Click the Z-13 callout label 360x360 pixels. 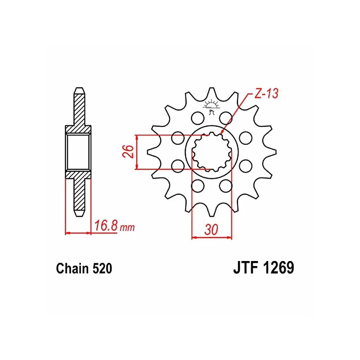[x=266, y=93]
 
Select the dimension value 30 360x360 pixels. [x=211, y=229]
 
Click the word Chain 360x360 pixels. [x=72, y=268]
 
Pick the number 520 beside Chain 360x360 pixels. [x=102, y=268]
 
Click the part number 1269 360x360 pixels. [x=278, y=267]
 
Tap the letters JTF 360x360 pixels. [x=246, y=267]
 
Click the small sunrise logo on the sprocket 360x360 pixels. [x=211, y=106]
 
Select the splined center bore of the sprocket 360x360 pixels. [x=211, y=152]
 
